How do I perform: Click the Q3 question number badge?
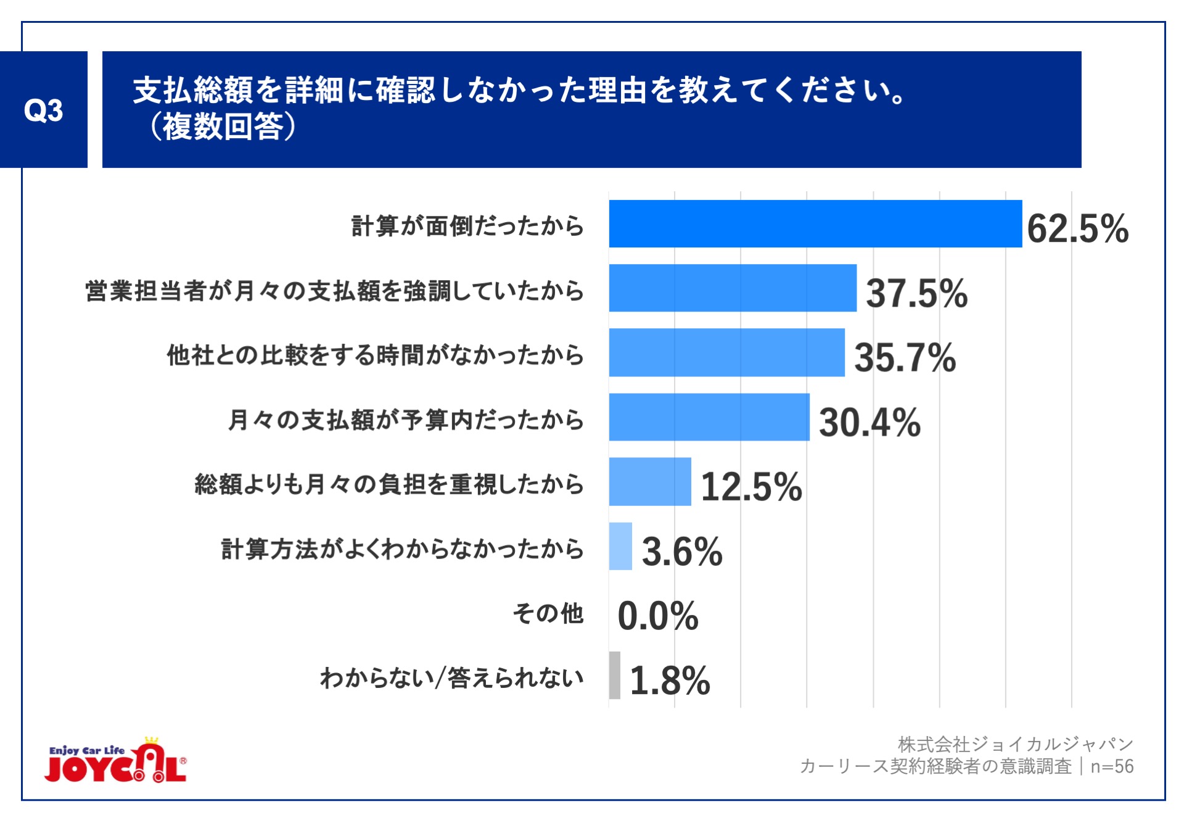(43, 110)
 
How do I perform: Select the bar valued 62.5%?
(815, 224)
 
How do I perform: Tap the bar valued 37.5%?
(732, 288)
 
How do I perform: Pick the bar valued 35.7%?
(726, 352)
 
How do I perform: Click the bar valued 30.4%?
(709, 417)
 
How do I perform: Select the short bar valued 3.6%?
(620, 546)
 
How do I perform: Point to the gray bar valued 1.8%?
(614, 675)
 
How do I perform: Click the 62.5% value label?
(1077, 228)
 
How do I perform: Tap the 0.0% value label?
(657, 616)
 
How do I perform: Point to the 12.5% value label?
(751, 487)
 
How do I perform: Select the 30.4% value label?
(869, 423)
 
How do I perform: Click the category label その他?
(548, 613)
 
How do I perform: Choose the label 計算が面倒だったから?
(467, 226)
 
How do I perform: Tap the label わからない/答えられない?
(451, 677)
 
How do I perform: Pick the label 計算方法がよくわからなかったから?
(402, 549)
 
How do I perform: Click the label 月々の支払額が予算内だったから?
(406, 420)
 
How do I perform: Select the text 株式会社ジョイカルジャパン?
(1015, 744)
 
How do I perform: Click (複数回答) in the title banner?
(223, 127)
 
